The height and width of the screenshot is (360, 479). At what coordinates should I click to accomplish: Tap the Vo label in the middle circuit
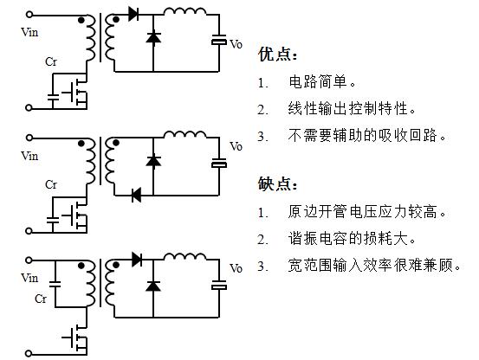[x=236, y=146]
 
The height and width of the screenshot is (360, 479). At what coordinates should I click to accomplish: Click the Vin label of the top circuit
[x=29, y=31]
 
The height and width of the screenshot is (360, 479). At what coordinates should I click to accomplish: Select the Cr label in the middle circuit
[x=51, y=184]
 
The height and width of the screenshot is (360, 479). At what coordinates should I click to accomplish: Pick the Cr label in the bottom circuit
[x=41, y=298]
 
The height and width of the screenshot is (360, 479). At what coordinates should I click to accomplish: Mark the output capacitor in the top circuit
[x=218, y=41]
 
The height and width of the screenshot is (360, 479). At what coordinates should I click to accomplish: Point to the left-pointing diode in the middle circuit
[x=136, y=195]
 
